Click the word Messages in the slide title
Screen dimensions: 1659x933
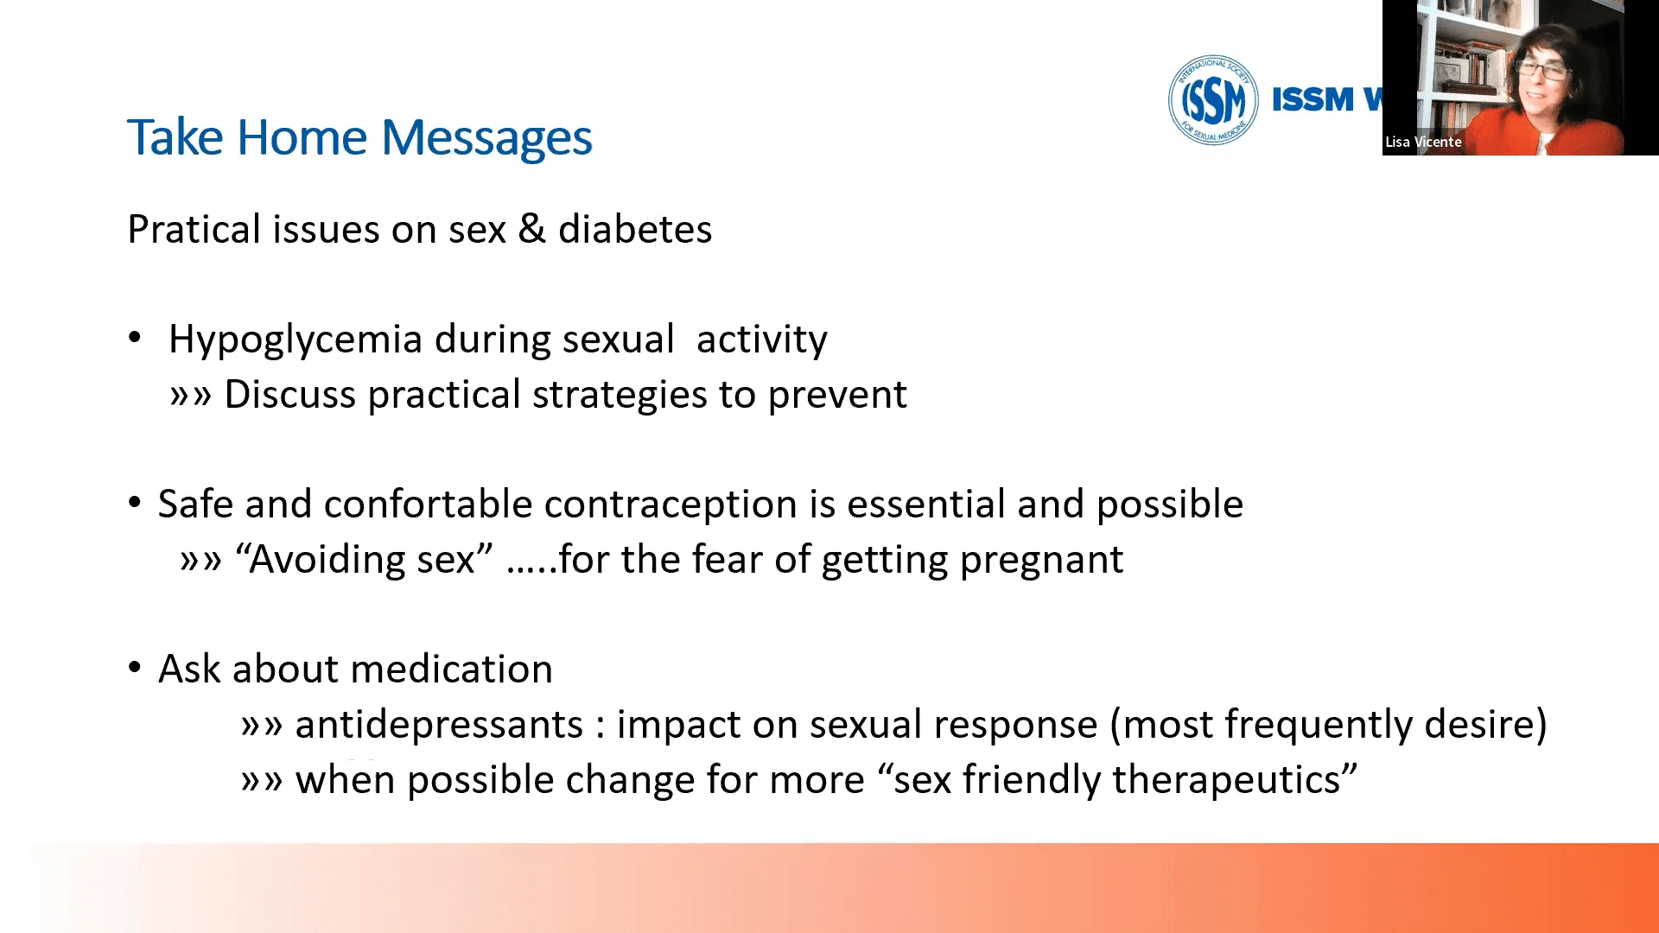(x=486, y=138)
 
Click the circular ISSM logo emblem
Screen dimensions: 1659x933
(x=1212, y=99)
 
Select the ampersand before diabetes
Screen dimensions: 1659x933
(x=532, y=229)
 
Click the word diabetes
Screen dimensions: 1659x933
(x=635, y=229)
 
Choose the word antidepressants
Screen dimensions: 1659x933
(x=439, y=725)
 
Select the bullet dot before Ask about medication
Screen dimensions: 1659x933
(x=135, y=668)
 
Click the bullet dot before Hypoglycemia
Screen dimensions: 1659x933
(x=135, y=338)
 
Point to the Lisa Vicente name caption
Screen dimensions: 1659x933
(x=1423, y=142)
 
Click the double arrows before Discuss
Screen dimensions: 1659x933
(x=190, y=396)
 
